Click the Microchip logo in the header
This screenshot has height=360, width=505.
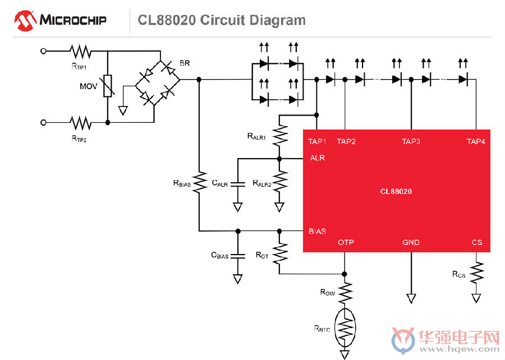(x=60, y=20)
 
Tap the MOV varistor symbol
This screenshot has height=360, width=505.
(x=108, y=86)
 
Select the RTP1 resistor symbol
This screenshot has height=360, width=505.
(x=80, y=52)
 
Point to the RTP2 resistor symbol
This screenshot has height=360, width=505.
(x=80, y=123)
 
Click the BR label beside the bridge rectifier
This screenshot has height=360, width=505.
(x=185, y=63)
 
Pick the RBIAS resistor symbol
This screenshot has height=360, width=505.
(x=199, y=182)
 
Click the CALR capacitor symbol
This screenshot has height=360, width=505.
(x=238, y=184)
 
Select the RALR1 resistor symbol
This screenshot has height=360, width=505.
(x=279, y=136)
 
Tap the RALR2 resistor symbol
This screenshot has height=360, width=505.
(x=279, y=182)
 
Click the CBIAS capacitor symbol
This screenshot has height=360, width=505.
(x=238, y=256)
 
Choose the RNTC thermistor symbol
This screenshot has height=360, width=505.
(x=345, y=328)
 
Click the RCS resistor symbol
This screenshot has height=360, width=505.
(x=476, y=273)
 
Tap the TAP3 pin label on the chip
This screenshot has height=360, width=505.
(x=411, y=141)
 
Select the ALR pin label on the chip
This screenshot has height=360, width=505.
(x=317, y=158)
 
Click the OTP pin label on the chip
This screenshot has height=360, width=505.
(x=346, y=242)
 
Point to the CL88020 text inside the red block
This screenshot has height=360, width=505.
(x=396, y=192)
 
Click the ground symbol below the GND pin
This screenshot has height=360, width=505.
(x=411, y=298)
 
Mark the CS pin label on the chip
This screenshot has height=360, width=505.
(x=477, y=242)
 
